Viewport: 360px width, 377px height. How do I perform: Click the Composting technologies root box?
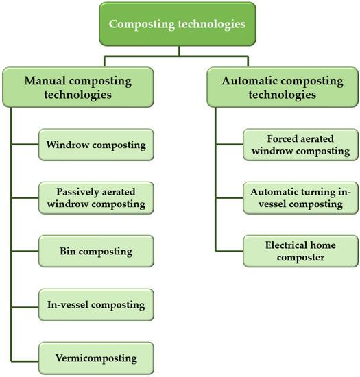180,25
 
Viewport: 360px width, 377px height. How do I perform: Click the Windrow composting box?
95,145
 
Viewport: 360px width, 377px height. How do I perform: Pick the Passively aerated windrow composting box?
95,197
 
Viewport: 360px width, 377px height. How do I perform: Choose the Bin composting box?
95,251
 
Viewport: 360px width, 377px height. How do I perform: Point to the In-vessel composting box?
95,304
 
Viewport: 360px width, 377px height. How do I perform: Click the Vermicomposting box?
95,357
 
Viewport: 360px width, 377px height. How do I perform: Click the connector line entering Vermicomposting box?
25,357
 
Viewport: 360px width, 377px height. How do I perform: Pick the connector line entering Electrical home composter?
229,251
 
